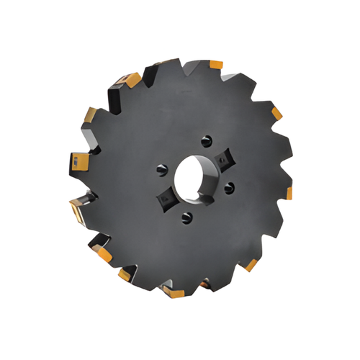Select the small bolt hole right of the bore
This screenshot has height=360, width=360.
[230, 188]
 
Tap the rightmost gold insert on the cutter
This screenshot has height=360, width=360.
[288, 193]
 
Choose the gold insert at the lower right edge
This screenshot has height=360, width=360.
[251, 265]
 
